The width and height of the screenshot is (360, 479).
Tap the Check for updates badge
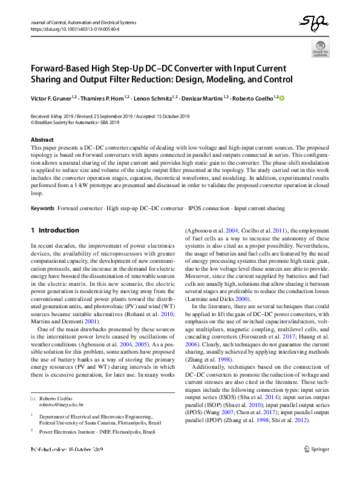click(x=320, y=48)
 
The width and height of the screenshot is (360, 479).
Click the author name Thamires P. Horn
click(x=104, y=97)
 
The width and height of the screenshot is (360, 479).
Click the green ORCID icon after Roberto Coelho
click(x=281, y=97)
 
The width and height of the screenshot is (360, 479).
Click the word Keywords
click(x=42, y=208)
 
